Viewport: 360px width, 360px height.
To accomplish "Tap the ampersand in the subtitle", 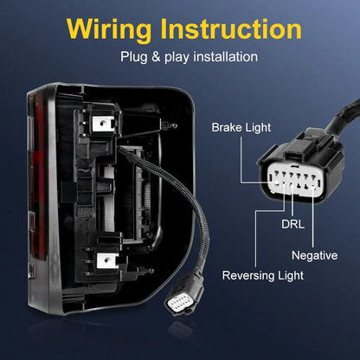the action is (x=156, y=56).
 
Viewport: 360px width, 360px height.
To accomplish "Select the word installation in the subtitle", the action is (x=226, y=56).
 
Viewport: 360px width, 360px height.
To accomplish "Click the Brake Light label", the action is (x=241, y=127).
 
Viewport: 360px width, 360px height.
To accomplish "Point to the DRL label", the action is (x=292, y=224).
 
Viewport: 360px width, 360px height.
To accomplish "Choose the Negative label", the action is (x=314, y=255).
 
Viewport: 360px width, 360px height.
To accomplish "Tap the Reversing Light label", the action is (x=263, y=275).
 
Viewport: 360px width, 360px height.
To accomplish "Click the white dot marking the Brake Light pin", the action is (x=277, y=183).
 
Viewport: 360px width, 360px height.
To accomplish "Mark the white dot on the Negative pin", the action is (x=313, y=189).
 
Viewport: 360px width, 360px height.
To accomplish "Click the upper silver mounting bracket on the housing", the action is (x=103, y=124).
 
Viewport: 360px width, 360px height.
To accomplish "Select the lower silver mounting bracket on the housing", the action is (x=107, y=260).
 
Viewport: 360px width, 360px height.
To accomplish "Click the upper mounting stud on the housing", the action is (x=170, y=125).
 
